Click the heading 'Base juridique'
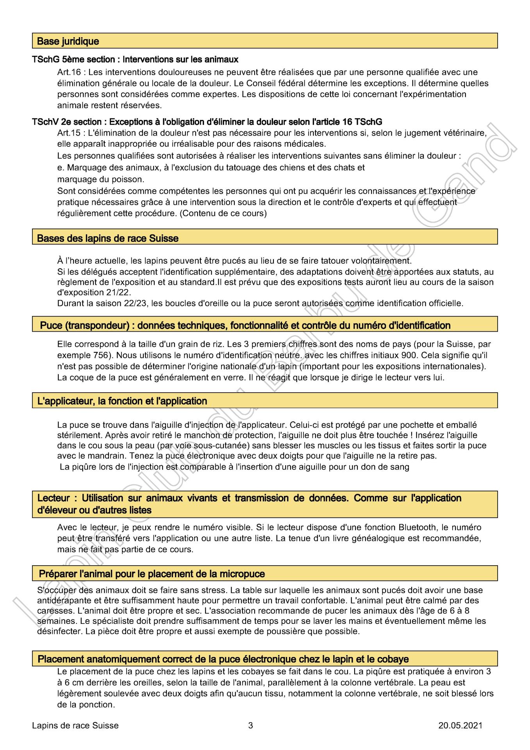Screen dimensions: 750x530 pos(68,41)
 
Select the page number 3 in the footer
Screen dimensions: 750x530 pos(250,726)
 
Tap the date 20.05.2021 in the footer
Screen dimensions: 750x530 pos(460,726)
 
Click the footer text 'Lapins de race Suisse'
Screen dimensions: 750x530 pos(75,726)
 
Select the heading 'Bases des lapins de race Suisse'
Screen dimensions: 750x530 pos(108,238)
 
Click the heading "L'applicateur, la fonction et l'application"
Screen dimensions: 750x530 pos(122,401)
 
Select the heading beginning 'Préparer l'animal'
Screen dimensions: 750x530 pos(152,574)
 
